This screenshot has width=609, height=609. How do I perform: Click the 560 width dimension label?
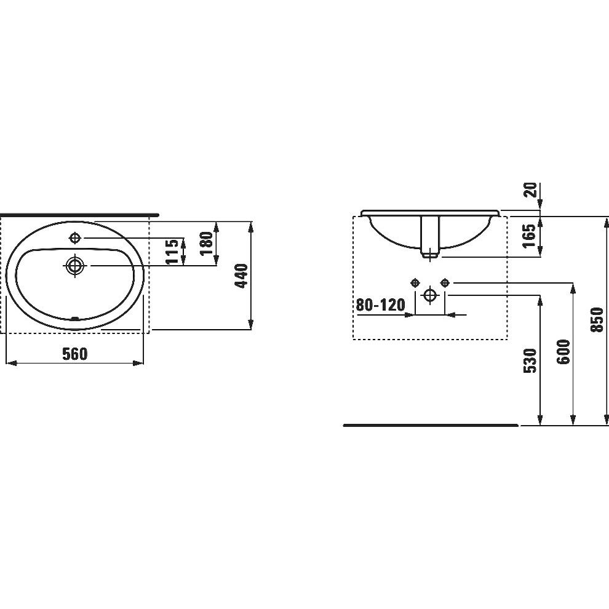[x=75, y=354]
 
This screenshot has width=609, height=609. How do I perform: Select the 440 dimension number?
[x=242, y=276]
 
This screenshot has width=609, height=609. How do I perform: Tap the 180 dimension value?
[x=207, y=243]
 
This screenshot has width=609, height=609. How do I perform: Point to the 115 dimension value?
[x=172, y=252]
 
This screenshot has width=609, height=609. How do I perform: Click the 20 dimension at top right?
[x=530, y=190]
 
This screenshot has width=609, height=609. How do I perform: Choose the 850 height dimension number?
[x=597, y=320]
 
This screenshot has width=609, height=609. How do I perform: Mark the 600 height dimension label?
[x=563, y=352]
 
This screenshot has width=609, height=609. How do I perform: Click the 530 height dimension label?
[x=530, y=361]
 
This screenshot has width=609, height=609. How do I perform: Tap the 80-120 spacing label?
[x=381, y=305]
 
